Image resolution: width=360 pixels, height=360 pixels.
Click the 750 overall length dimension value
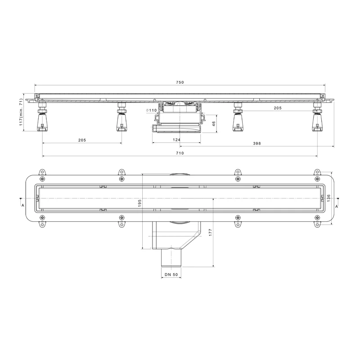tap(180, 82)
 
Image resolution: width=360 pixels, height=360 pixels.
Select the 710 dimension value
tap(180, 153)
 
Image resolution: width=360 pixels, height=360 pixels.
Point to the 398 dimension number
tap(256, 144)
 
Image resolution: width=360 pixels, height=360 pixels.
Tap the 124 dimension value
tap(177, 140)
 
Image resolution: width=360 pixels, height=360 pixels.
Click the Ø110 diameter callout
tap(151, 110)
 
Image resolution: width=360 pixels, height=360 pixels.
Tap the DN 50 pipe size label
tap(171, 274)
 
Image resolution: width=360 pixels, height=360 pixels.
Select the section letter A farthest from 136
tap(22, 205)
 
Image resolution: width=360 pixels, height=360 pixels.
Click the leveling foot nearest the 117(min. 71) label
tap(43, 119)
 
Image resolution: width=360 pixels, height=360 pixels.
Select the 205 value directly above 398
tap(277, 108)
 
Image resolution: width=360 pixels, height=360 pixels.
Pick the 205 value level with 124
tap(82, 140)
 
